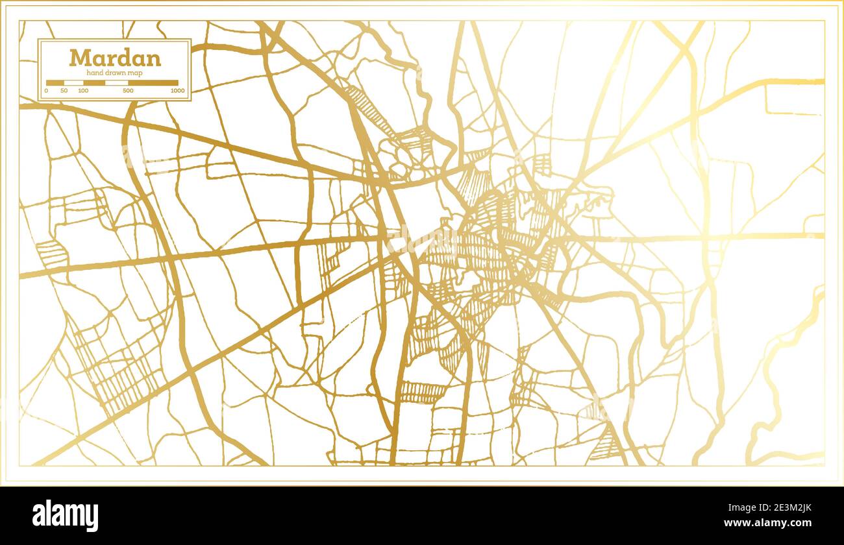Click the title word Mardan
(x=115, y=58)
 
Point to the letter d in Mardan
(x=123, y=58)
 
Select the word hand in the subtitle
(x=95, y=73)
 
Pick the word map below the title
(x=135, y=73)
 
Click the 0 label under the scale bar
(x=47, y=90)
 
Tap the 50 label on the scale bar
(x=64, y=90)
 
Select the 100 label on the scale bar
(x=83, y=90)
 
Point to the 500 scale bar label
(x=128, y=90)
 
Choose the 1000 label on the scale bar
(x=177, y=90)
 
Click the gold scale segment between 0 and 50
(x=55, y=82)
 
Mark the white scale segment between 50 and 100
(x=73, y=82)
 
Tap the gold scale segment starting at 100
(x=94, y=82)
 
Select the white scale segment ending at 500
(x=116, y=82)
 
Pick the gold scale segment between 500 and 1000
(x=153, y=82)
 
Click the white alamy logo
(x=65, y=516)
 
